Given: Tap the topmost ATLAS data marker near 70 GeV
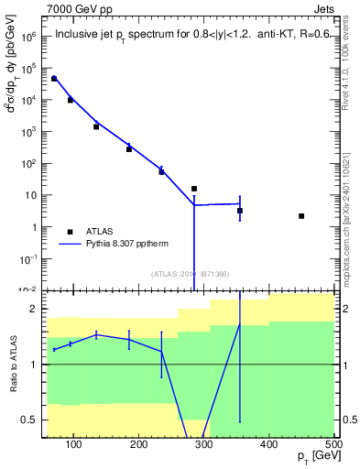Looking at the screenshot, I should (54, 79).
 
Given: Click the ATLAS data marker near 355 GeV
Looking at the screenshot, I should (240, 211).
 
